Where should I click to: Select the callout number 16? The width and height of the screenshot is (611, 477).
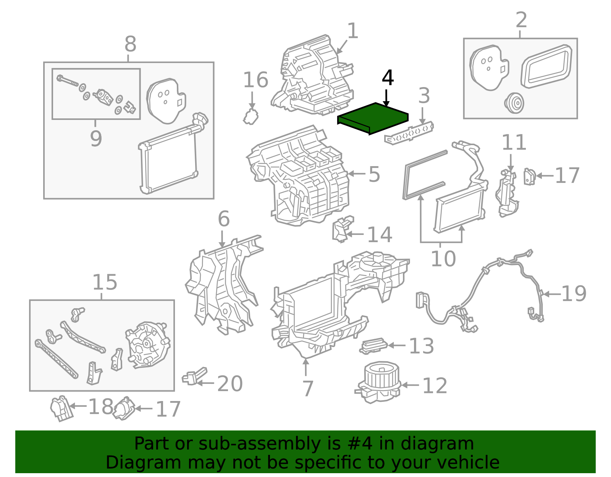point(255,80)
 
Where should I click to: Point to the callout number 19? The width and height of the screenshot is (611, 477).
point(574,294)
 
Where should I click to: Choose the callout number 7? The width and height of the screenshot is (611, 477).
point(307,389)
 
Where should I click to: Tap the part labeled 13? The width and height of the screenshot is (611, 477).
point(373,346)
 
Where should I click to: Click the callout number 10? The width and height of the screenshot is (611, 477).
point(443,259)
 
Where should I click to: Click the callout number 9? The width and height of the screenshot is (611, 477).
point(96,138)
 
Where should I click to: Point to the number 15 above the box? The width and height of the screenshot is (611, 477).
point(105,283)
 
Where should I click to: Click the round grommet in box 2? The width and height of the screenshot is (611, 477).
point(514,103)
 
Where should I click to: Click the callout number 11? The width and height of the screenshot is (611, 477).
point(514,142)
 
